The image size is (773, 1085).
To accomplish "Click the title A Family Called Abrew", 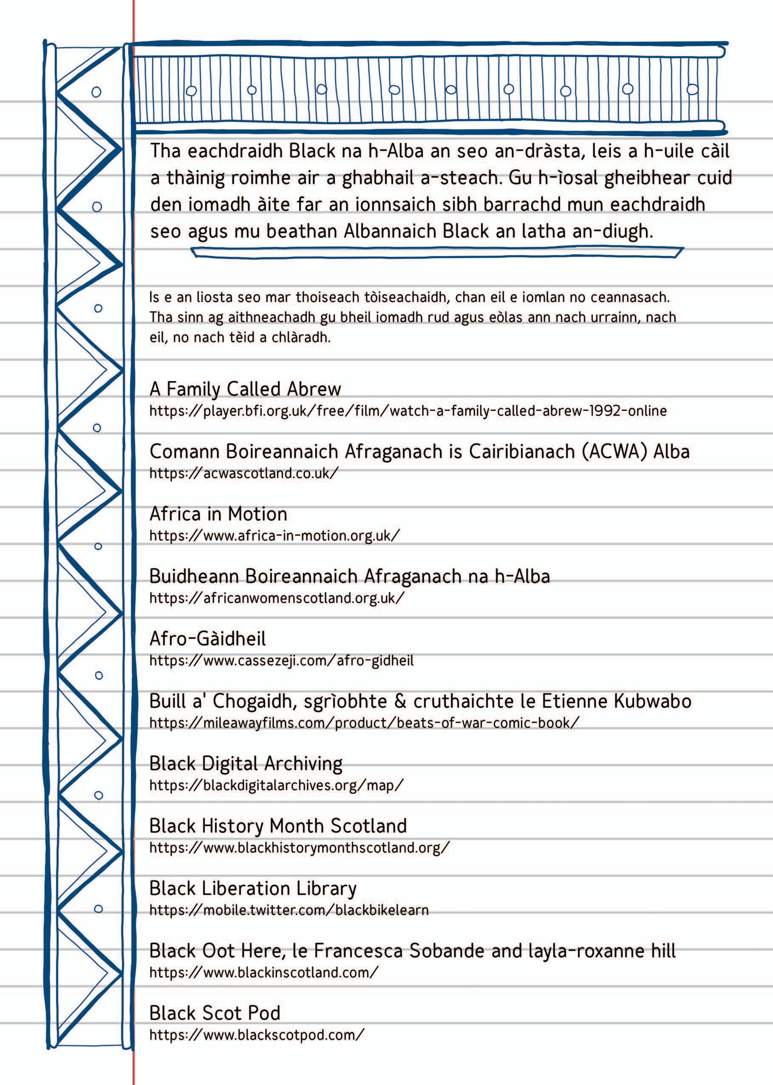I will tap(245, 389).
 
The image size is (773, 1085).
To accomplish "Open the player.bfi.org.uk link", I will tap(408, 410).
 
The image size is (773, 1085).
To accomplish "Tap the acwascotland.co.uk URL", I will tap(244, 473).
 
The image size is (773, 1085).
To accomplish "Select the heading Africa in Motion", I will tap(218, 514).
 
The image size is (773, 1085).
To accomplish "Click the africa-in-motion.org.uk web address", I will tap(275, 535).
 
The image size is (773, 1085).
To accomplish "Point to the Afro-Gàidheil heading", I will tap(207, 639).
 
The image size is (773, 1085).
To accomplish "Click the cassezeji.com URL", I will tap(281, 661).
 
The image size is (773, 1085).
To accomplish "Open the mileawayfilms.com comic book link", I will tap(364, 723).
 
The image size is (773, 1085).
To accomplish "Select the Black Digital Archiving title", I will tap(246, 763).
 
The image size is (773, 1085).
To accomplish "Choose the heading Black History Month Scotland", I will tap(278, 826).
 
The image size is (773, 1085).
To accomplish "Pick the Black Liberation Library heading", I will tap(253, 889).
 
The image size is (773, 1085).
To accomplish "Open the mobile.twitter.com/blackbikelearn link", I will tap(289, 910).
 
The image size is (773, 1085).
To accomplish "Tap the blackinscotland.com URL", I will tap(264, 972).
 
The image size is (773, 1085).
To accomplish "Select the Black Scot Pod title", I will tap(215, 1013).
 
